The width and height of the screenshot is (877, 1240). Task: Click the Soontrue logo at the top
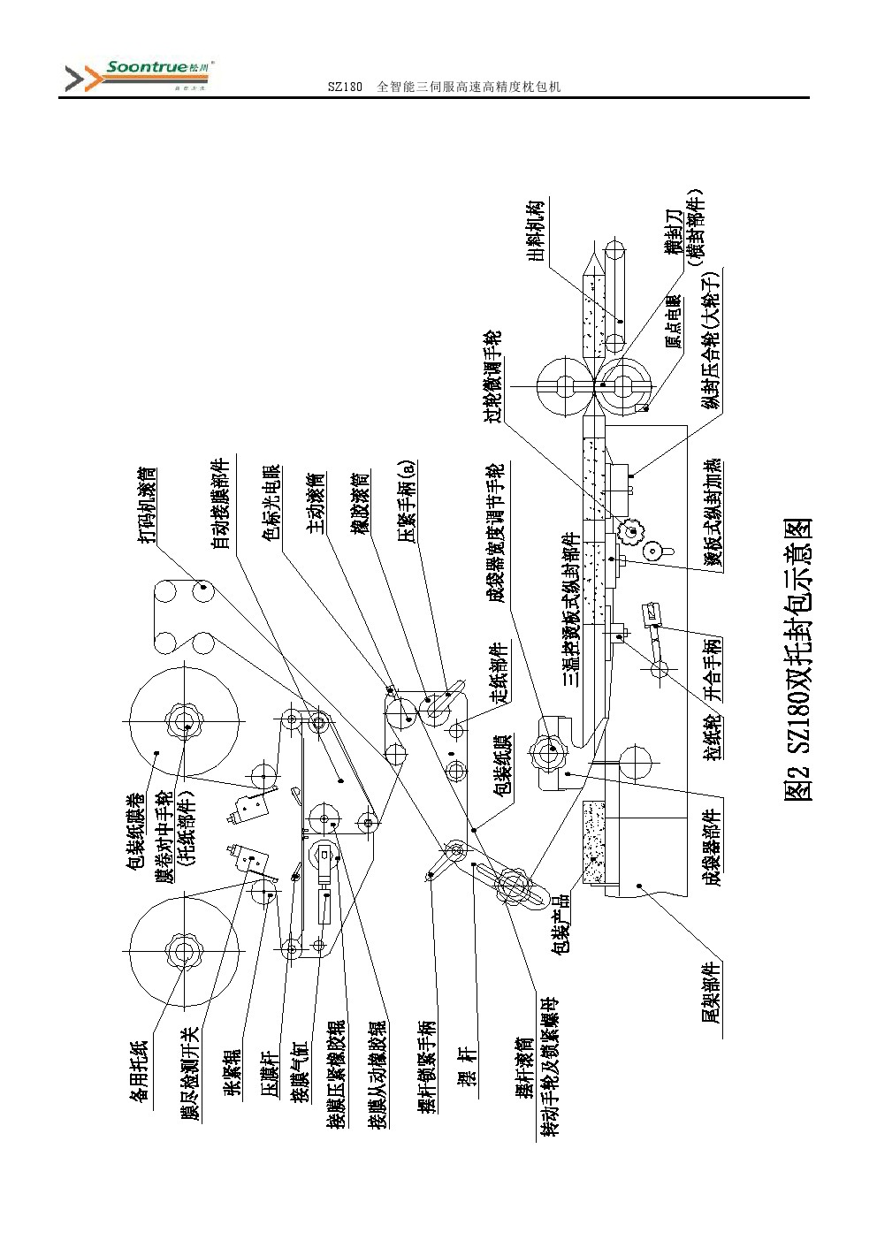(x=141, y=76)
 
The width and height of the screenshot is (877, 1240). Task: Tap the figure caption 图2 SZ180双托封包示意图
(x=799, y=659)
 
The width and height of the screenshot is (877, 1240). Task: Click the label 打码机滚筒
(x=148, y=508)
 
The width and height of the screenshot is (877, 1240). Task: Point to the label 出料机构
(x=536, y=232)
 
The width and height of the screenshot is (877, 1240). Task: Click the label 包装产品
(x=560, y=923)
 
